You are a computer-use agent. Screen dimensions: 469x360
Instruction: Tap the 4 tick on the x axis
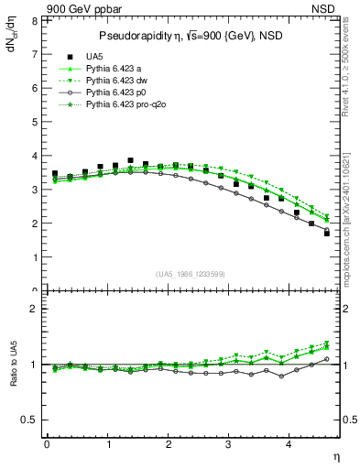click(289, 445)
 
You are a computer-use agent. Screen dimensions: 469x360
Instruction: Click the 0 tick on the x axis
click(47, 445)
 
